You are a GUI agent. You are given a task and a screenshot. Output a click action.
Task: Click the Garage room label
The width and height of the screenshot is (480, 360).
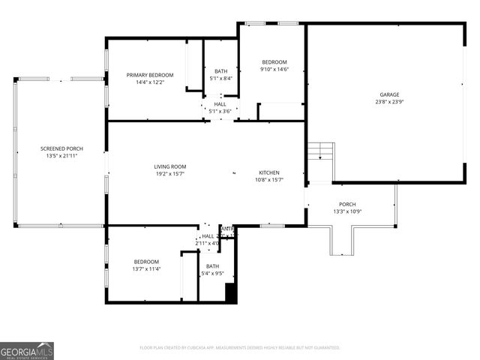coord(389,94)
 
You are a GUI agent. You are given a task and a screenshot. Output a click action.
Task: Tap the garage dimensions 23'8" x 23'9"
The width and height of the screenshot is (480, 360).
coord(389,102)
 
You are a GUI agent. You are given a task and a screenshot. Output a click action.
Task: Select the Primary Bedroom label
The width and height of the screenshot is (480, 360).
coord(150,75)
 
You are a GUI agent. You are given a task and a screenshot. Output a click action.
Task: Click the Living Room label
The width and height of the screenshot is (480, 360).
coord(170,166)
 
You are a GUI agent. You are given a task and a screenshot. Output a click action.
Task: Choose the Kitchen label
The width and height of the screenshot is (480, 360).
coord(269,172)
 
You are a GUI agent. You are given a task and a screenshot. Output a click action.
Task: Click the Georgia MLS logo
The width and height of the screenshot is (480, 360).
coord(27,350)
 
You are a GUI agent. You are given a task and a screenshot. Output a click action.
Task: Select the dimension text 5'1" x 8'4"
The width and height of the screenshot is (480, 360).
coord(220,78)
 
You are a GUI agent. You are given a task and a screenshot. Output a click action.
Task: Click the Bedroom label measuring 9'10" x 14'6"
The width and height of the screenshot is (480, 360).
coord(274,62)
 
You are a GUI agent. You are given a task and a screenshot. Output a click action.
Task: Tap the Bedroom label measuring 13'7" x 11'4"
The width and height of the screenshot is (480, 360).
coord(146,262)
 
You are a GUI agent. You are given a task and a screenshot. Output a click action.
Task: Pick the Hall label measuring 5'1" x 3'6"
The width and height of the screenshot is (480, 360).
coord(220,104)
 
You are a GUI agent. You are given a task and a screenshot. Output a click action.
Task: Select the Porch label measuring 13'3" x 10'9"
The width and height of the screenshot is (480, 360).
coord(347,204)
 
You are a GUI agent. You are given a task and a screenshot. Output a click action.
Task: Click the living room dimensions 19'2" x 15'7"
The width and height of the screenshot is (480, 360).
coord(170,173)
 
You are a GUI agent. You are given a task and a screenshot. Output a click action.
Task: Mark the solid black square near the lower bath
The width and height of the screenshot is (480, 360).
coord(231,295)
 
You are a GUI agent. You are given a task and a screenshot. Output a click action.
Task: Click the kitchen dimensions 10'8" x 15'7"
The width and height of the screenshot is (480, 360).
coord(269,179)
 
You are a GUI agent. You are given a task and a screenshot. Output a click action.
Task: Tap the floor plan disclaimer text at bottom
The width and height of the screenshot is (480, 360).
coord(240,348)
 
